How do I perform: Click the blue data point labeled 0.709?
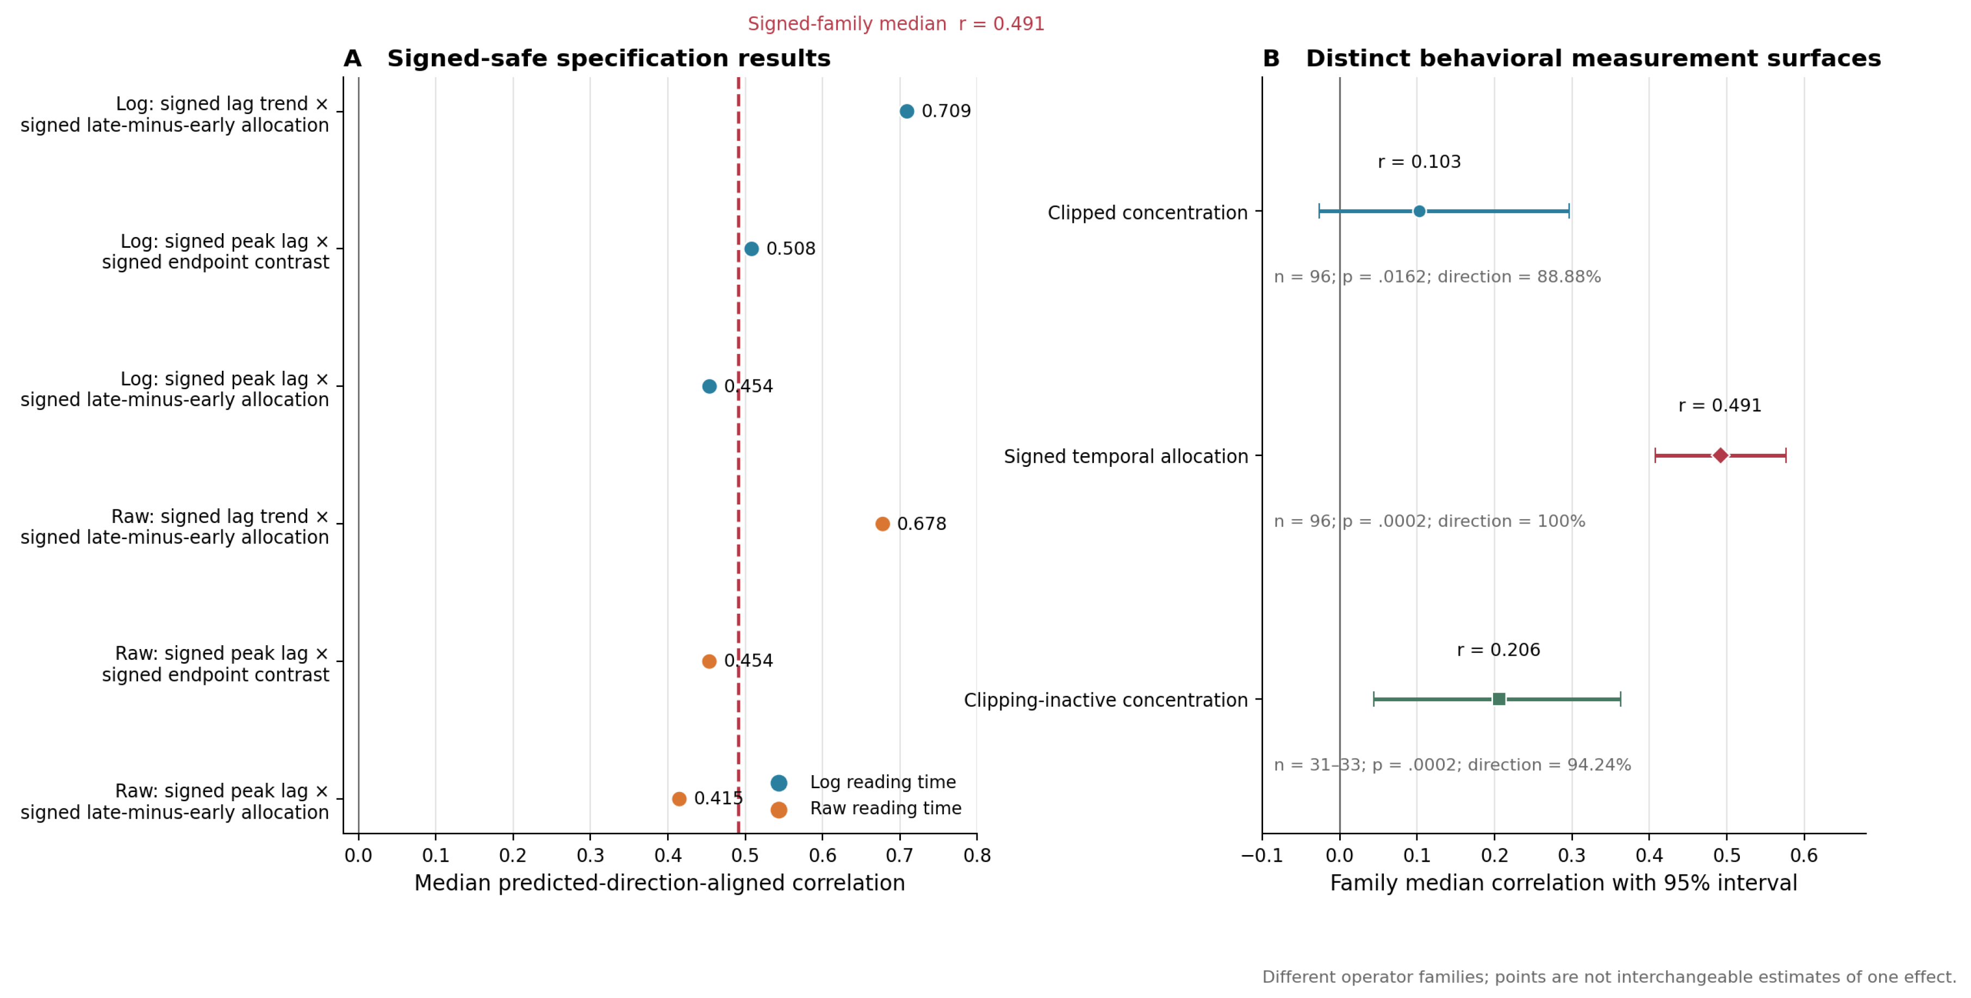907,111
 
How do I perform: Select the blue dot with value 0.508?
751,248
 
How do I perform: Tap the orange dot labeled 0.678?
882,524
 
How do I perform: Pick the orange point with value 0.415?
679,799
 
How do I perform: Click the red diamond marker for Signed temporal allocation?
1720,456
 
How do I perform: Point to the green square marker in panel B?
1499,699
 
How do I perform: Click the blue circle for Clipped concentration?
1419,211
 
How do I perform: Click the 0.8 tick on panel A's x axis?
977,855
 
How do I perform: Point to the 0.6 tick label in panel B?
1804,855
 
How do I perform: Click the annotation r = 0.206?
1498,650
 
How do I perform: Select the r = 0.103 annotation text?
1419,162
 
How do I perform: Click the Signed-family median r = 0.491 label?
896,24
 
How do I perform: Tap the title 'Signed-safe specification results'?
608,58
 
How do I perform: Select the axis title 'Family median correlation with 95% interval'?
1563,883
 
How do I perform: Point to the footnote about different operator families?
1609,977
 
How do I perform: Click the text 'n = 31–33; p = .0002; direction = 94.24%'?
1452,765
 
